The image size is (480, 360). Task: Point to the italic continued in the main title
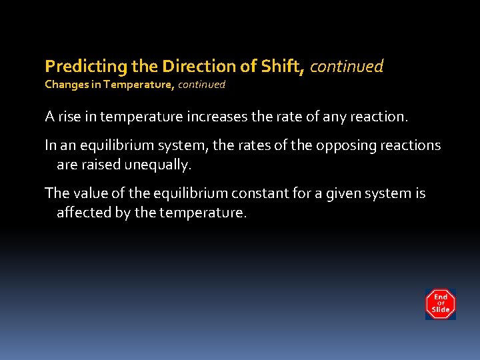pyautogui.click(x=347, y=67)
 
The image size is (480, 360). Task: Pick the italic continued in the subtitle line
pyautogui.click(x=201, y=85)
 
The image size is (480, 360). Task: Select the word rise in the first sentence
pyautogui.click(x=69, y=117)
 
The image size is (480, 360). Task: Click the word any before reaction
pyautogui.click(x=329, y=117)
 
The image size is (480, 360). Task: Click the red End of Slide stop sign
pyautogui.click(x=440, y=304)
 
